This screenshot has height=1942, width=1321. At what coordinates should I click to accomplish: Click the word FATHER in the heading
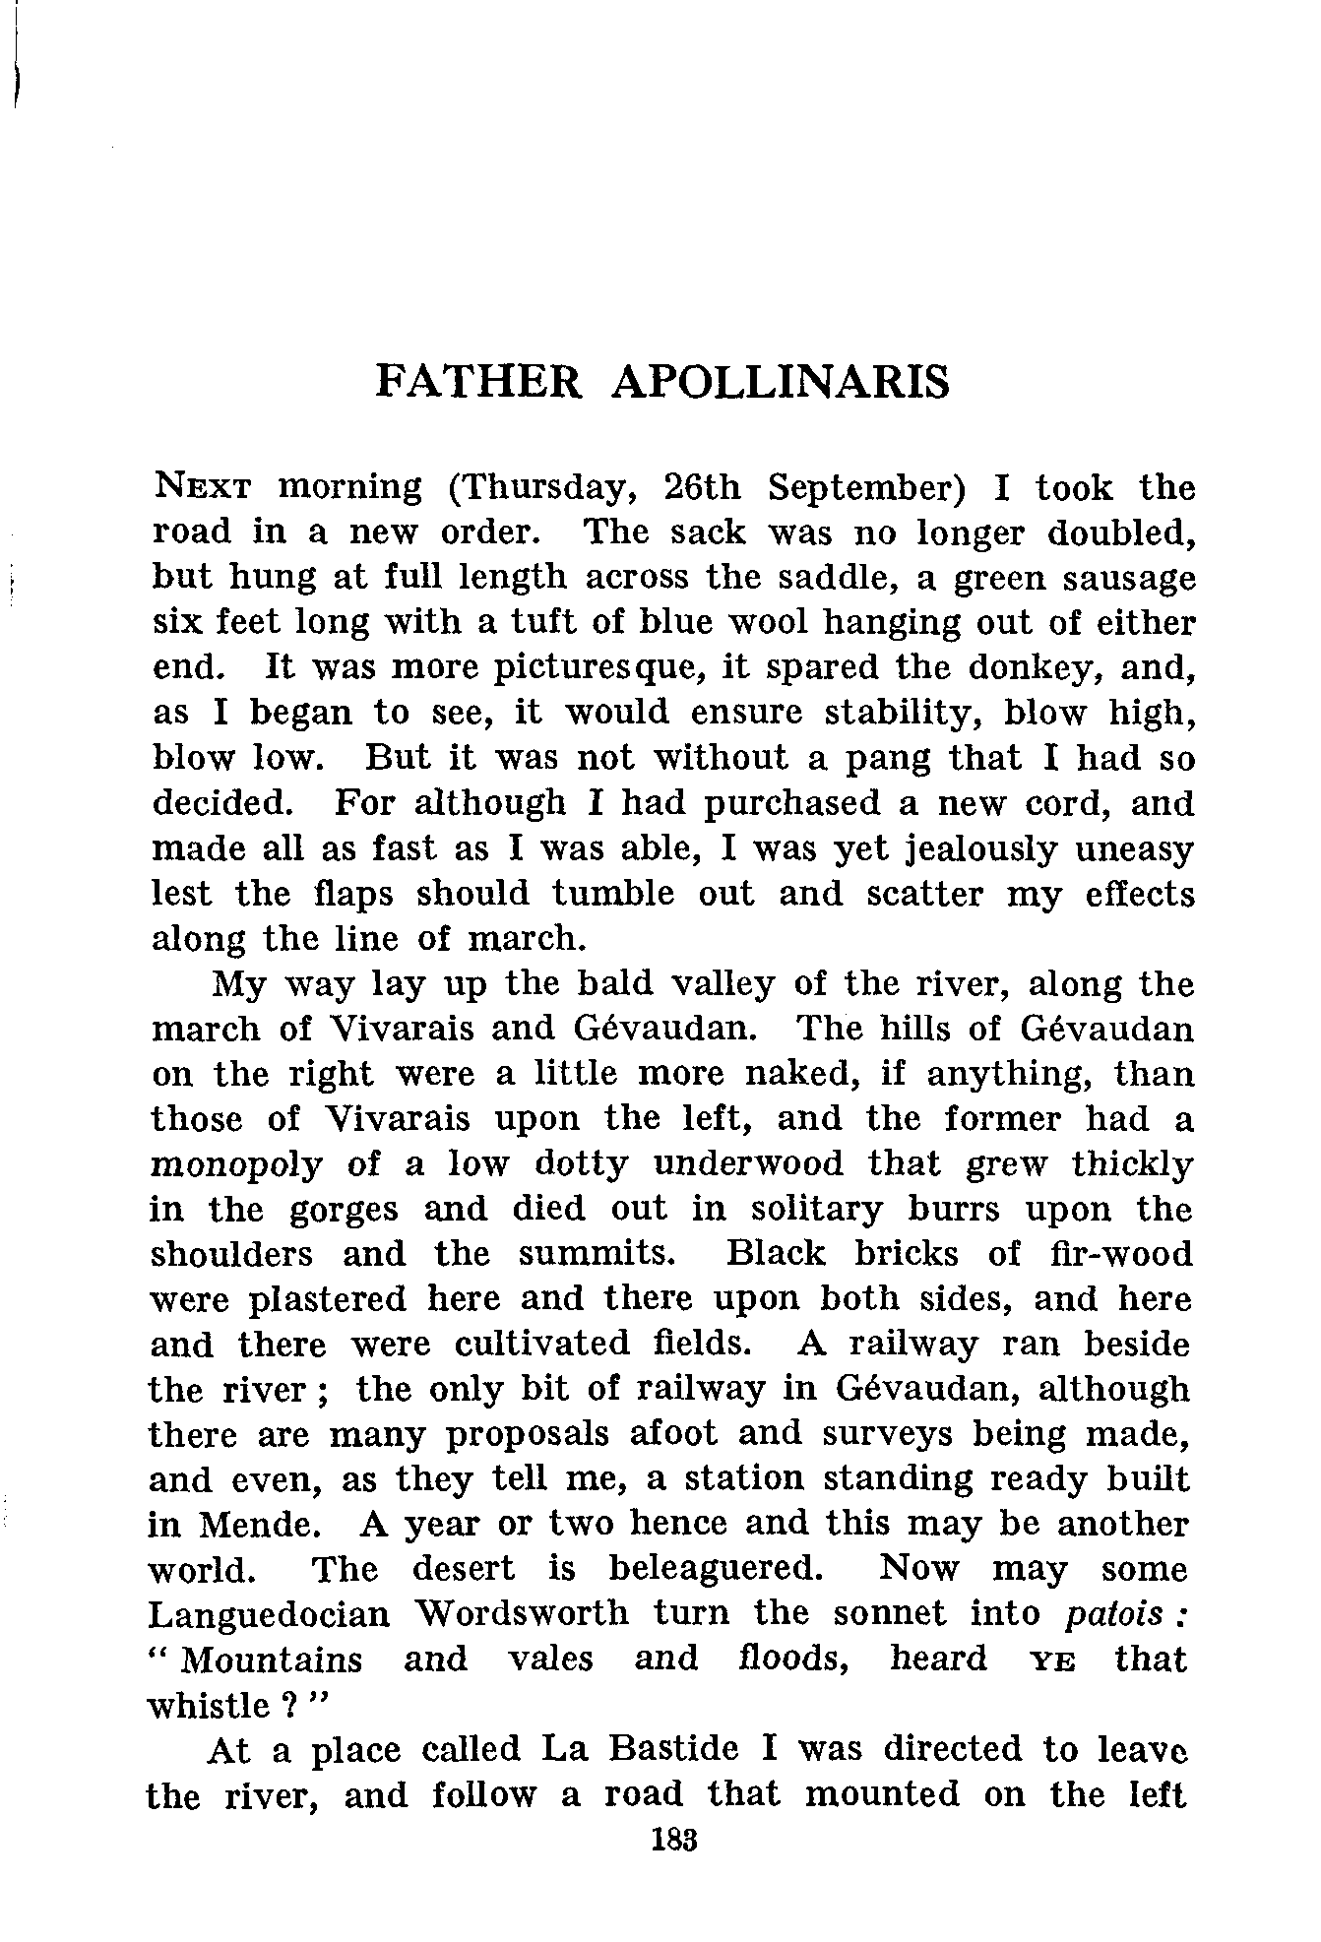pyautogui.click(x=479, y=382)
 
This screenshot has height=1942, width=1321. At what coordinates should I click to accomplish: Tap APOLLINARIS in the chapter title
pyautogui.click(x=780, y=382)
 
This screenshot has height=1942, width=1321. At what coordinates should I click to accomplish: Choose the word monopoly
pyautogui.click(x=236, y=1165)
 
